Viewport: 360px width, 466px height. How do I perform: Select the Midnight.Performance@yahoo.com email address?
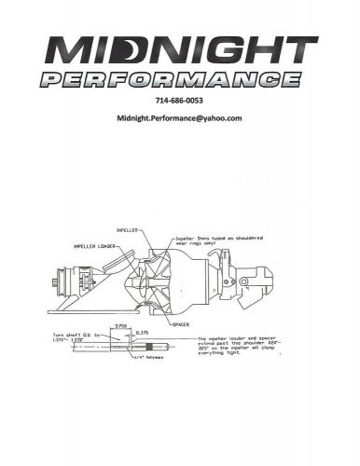point(179,119)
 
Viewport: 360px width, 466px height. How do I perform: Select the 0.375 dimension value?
point(143,333)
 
